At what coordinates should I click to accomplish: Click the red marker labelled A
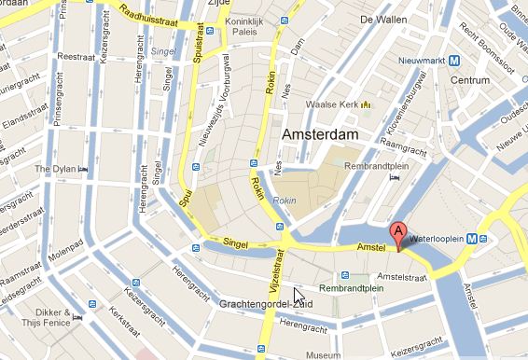click(x=398, y=235)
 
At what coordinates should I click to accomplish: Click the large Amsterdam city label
click(x=320, y=135)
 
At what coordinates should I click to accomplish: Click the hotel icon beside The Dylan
click(x=83, y=170)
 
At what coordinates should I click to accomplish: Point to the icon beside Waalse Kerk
click(x=366, y=104)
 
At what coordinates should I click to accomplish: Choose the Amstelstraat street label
click(x=402, y=277)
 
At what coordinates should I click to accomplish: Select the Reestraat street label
click(x=77, y=56)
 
